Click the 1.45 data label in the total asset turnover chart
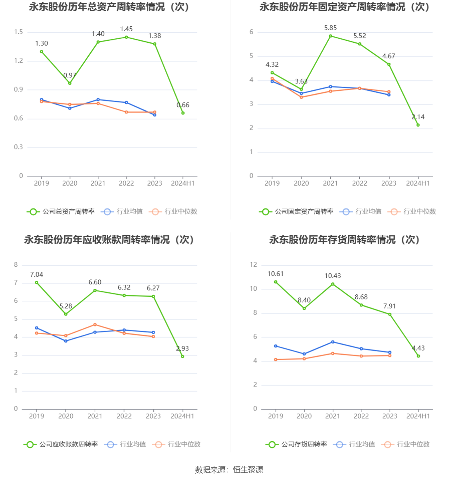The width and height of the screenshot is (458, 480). click(126, 29)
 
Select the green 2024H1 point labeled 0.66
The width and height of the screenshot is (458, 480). click(183, 113)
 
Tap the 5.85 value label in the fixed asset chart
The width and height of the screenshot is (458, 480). click(330, 28)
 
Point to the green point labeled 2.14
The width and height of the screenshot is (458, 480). click(418, 125)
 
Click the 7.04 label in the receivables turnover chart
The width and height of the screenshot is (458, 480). click(36, 275)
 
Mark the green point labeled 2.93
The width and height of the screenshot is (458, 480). click(182, 356)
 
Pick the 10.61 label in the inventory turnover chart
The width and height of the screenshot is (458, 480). click(276, 274)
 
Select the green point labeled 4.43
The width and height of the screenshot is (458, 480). click(418, 356)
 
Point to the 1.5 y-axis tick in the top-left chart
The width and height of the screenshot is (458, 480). click(19, 32)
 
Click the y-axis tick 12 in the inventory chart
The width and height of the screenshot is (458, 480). click(253, 265)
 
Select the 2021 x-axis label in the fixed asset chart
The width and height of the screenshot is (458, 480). click(330, 183)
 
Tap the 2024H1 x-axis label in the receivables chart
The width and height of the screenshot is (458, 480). click(182, 416)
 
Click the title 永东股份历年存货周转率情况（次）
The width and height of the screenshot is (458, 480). click(344, 240)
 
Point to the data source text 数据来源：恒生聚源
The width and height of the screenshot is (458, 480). click(229, 470)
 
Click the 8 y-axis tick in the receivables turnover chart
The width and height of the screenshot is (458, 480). click(16, 265)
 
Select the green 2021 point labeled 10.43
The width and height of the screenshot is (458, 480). click(333, 284)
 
